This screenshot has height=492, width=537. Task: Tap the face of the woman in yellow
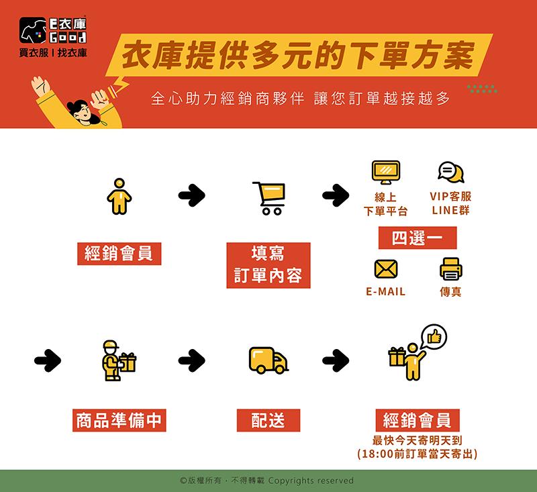click(x=81, y=111)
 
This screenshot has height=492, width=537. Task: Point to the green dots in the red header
click(x=482, y=89)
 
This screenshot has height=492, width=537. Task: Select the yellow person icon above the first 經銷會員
click(x=119, y=196)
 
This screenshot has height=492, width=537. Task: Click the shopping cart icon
click(x=270, y=198)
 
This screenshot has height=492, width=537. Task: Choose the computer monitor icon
click(x=386, y=173)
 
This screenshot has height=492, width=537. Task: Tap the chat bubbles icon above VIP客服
click(x=450, y=172)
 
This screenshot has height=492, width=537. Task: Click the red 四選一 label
click(x=418, y=238)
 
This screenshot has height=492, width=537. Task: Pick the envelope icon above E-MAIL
click(x=386, y=268)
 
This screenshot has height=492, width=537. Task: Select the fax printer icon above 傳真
click(x=450, y=269)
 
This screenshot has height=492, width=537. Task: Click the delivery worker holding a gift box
click(x=119, y=360)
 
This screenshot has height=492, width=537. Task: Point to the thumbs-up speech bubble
click(x=434, y=337)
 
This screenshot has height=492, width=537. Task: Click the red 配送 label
click(x=268, y=420)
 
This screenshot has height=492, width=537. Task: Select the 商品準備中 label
click(x=119, y=420)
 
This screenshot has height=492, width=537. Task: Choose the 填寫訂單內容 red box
click(x=268, y=265)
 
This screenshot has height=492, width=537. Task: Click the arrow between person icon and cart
click(x=192, y=195)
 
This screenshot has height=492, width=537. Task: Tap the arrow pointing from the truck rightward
click(x=336, y=360)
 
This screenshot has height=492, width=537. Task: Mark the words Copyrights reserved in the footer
click(x=311, y=481)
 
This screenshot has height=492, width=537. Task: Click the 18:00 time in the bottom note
click(x=377, y=454)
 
